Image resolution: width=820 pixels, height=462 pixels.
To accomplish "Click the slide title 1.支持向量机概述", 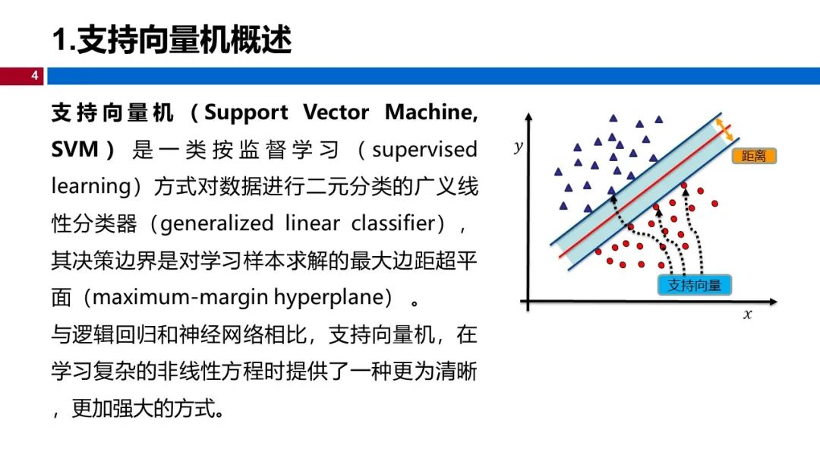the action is tap(172, 40).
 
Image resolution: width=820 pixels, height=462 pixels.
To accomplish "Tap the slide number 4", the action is tap(34, 76).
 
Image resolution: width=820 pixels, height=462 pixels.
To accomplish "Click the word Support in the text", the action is tap(247, 113).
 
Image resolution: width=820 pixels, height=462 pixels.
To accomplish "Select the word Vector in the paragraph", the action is tap(336, 113).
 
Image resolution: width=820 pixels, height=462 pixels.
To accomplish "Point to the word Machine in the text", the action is tap(430, 113).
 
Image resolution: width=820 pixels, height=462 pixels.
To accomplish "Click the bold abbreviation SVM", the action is tap(75, 149).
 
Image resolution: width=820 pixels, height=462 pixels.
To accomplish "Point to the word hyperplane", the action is tap(329, 296).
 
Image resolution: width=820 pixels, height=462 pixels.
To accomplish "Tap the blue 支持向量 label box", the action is tap(694, 286).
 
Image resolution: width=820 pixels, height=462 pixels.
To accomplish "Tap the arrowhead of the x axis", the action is tap(775, 302).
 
